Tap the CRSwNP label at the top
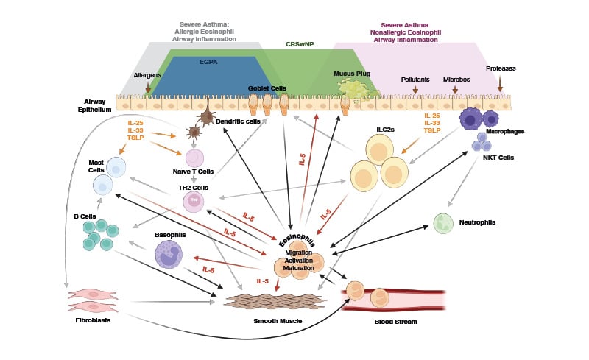[300, 44]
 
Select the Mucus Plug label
[350, 74]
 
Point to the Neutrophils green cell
[443, 223]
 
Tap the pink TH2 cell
[194, 200]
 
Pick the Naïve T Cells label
[193, 172]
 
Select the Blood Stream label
[396, 322]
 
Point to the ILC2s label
[387, 130]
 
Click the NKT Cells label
[499, 157]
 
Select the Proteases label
[501, 68]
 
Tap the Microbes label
[456, 79]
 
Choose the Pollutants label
[415, 79]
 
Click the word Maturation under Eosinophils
[300, 267]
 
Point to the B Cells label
[85, 216]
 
